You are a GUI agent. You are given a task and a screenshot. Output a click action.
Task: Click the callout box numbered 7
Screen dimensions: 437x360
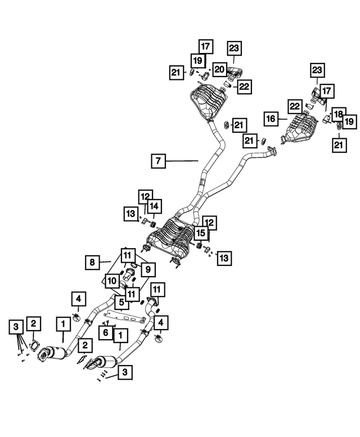coord(158,161)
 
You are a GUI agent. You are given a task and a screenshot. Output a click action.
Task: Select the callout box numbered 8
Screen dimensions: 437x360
coord(91,262)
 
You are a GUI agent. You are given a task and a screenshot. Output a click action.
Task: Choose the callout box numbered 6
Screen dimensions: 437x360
coord(105,333)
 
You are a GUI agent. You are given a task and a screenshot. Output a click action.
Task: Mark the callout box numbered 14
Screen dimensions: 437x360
coord(154,206)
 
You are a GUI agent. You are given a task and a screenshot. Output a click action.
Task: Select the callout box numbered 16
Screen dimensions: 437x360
coord(271,119)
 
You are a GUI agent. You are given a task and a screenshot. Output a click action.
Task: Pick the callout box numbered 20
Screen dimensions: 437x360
coord(219,69)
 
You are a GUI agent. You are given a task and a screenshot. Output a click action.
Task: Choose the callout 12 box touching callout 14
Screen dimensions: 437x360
coord(146,197)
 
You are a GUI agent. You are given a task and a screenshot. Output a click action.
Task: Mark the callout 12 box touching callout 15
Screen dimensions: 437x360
coord(209,223)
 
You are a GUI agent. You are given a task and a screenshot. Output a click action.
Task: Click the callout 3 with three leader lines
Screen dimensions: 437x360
coord(17,326)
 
